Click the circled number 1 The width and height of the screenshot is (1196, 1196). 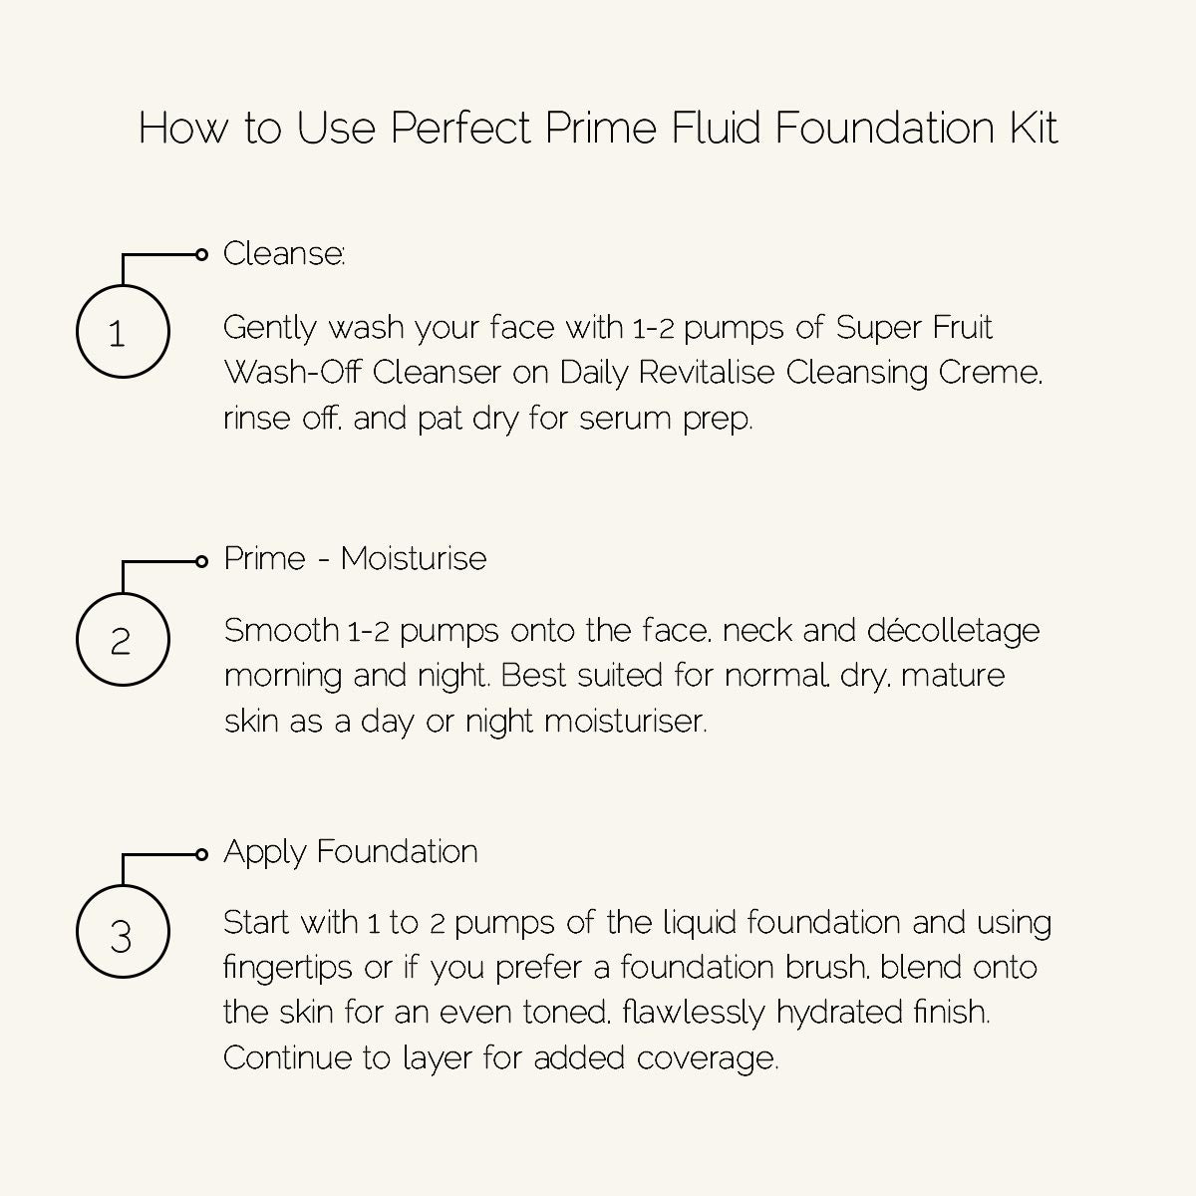[x=122, y=332]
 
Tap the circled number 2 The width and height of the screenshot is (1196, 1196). [x=122, y=640]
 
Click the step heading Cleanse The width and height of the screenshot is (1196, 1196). [x=283, y=254]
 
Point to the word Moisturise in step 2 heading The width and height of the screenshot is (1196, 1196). [x=413, y=558]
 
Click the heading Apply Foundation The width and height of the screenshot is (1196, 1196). [x=350, y=852]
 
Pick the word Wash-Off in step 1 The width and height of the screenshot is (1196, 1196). [x=293, y=372]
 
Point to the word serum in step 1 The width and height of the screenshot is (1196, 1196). [x=612, y=419]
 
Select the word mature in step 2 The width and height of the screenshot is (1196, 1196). [x=959, y=677]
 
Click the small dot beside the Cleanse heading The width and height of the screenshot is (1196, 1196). [x=202, y=255]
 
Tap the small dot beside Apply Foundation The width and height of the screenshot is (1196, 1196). [x=202, y=854]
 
